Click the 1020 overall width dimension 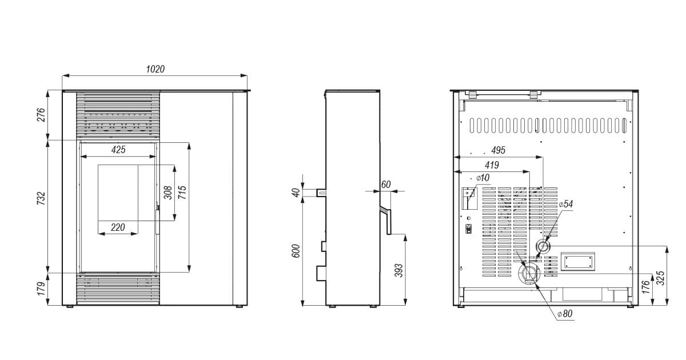coord(155,69)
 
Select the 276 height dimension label coord(41,115)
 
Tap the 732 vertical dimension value coord(41,198)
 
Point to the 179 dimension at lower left coord(41,289)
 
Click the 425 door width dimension coord(118,150)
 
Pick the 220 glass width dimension coord(118,227)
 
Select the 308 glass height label coord(168,193)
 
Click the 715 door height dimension coord(182,193)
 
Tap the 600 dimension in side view coord(296,251)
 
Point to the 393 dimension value coord(398,270)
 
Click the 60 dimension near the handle coord(386,185)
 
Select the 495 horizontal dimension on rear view coord(498,150)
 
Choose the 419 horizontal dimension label coord(492,165)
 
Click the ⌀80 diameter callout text coord(565,314)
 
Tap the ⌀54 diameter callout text coord(565,204)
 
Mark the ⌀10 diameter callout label coord(483,178)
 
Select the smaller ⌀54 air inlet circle coord(543,246)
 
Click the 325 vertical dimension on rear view coord(661,278)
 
